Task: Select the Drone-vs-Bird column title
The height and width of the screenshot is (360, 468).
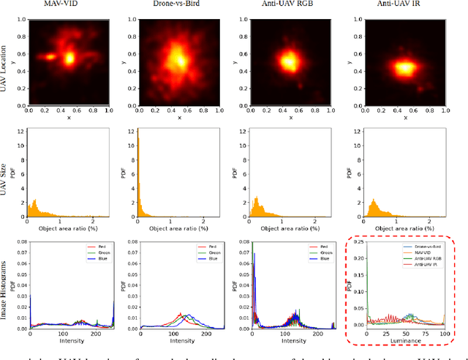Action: [174, 7]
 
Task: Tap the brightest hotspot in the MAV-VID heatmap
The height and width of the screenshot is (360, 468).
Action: [70, 57]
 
